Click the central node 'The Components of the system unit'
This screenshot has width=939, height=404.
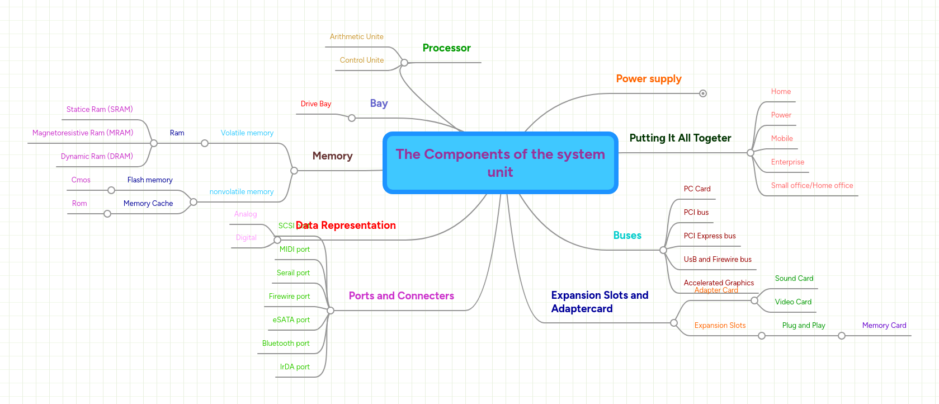coord(500,163)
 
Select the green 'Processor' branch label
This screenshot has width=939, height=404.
coord(446,48)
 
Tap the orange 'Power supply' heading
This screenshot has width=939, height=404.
coord(648,79)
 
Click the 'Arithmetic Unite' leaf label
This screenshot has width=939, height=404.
coord(356,37)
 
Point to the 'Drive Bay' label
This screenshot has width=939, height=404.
coord(315,104)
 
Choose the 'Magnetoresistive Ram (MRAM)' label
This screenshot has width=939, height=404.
coord(83,133)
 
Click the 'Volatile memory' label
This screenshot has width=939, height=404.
coord(247,133)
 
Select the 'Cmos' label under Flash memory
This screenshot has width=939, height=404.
coord(81,180)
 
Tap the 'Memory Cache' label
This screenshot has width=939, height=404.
coord(148,204)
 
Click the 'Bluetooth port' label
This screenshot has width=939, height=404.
coord(285,344)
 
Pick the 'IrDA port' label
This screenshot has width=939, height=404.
coord(294,367)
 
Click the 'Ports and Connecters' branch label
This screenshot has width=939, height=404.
coord(401,296)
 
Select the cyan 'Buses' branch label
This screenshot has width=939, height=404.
coord(627,236)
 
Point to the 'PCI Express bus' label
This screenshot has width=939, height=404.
coord(709,236)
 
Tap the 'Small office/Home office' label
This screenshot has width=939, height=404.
coord(811,186)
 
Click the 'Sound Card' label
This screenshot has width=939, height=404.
coord(794,279)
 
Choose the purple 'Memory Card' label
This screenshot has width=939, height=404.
coord(884,326)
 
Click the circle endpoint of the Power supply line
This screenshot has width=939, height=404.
coord(703,93)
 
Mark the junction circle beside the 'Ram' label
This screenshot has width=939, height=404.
coord(154,143)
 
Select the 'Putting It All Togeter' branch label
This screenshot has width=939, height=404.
coord(680,138)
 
